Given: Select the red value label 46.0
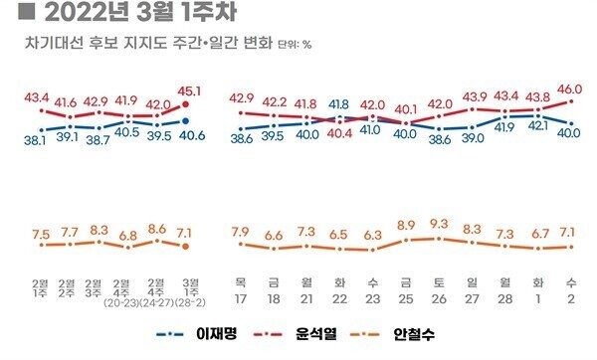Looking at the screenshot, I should tap(568, 90).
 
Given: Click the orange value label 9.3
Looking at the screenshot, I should tap(439, 224).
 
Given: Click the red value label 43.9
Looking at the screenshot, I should tap(472, 96).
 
